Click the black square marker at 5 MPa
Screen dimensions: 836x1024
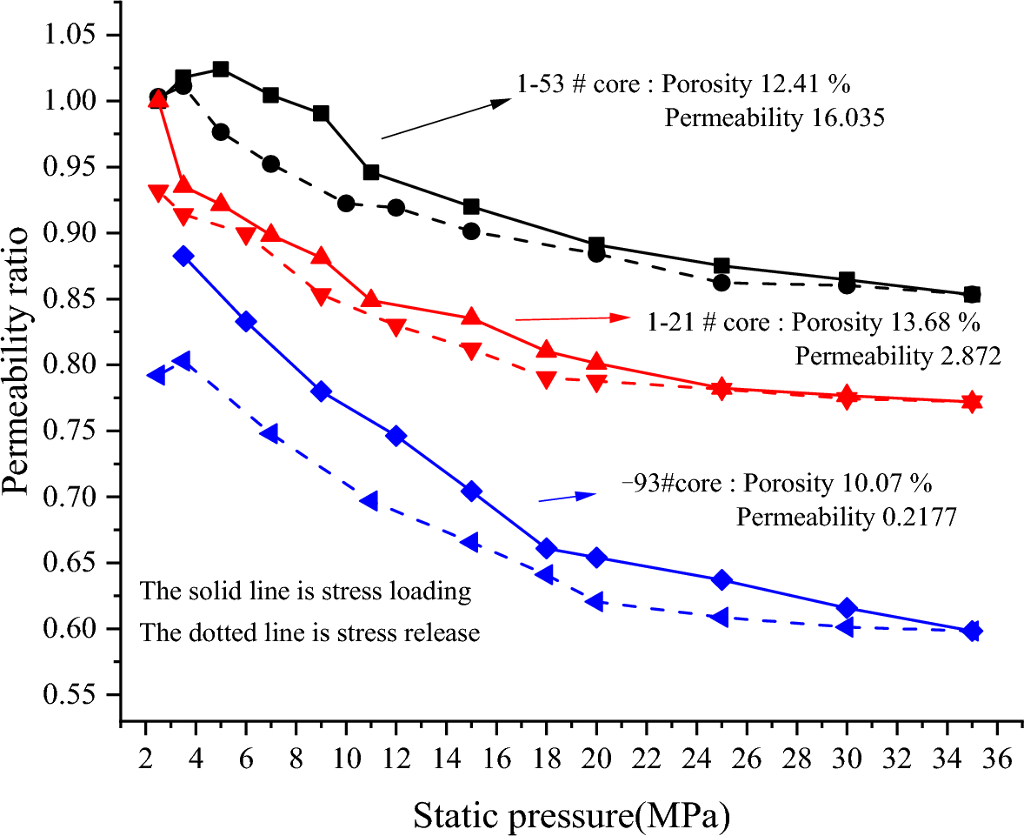tap(221, 70)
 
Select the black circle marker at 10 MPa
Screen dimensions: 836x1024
tap(346, 204)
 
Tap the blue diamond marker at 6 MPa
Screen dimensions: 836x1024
tap(246, 322)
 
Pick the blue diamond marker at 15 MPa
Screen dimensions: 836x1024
tap(471, 492)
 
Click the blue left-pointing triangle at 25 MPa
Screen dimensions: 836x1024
tap(720, 617)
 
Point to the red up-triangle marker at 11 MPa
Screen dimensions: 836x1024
tap(371, 299)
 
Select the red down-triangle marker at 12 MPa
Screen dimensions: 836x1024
tap(396, 327)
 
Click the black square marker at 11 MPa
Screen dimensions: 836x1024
tap(371, 172)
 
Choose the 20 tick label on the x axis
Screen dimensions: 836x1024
tap(596, 758)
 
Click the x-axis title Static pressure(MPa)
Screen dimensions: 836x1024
tap(570, 815)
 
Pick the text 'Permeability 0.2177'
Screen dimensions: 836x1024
tap(847, 518)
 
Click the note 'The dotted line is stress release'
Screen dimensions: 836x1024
tap(310, 633)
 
